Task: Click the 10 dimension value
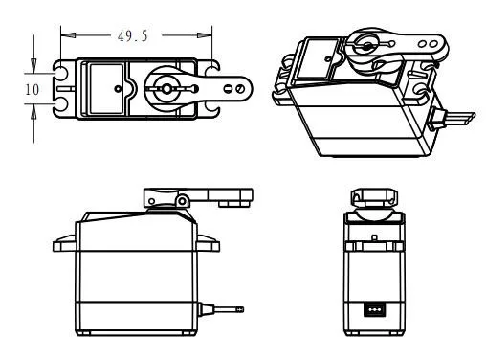[31, 88]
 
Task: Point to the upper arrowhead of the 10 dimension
[35, 70]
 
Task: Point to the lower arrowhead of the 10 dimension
[35, 107]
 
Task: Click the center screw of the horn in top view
[166, 88]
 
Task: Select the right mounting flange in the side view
[205, 236]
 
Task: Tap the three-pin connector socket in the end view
[375, 310]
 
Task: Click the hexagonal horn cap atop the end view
[374, 198]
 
